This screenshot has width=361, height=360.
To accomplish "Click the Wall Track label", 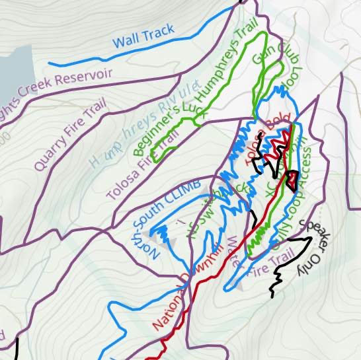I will tap(143, 37).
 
